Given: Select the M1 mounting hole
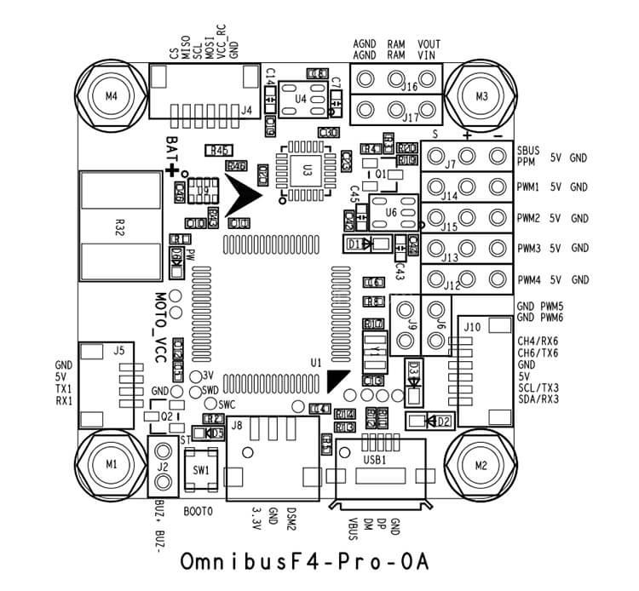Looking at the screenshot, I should pos(108,464).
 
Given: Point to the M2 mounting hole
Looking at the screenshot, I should pos(481,465).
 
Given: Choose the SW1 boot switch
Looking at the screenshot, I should pos(201,469).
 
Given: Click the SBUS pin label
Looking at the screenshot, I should pos(528,148).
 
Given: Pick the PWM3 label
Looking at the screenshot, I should pos(528,248).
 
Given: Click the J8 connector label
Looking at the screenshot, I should pos(237,425).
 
